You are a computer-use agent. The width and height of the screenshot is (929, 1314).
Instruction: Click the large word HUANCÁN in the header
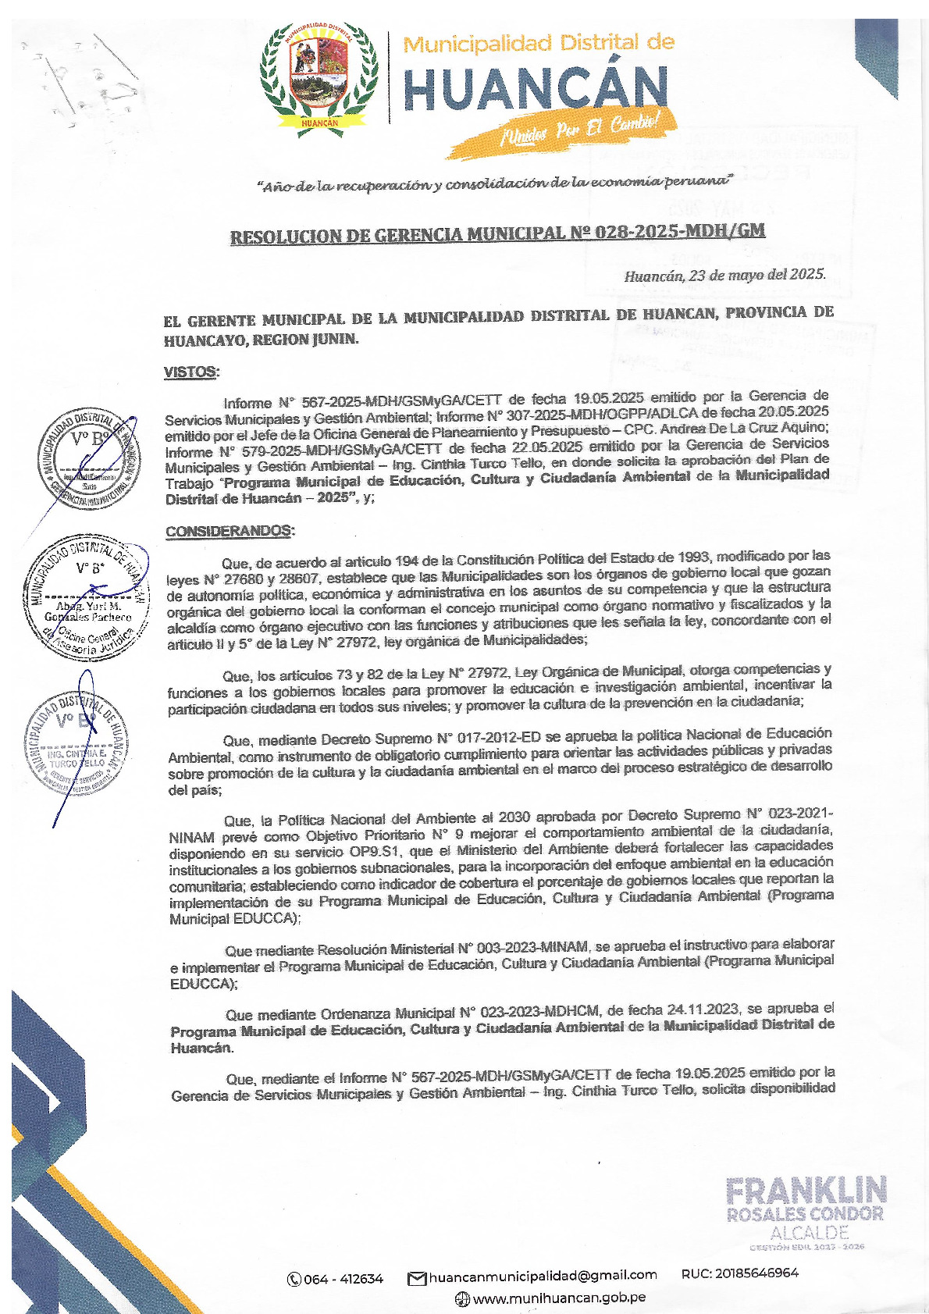tap(536, 89)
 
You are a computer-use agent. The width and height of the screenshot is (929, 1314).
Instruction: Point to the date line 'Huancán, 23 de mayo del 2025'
tap(724, 275)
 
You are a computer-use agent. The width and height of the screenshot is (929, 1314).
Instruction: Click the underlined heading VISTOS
tap(191, 372)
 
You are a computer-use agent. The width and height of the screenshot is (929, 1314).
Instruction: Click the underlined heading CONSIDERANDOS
tap(230, 532)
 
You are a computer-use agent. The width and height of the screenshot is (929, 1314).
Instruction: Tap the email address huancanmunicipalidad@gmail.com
tap(543, 1275)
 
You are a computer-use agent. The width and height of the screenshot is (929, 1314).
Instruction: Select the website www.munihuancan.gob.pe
tap(559, 1298)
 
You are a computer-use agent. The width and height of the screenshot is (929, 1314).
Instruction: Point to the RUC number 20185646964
tap(739, 1273)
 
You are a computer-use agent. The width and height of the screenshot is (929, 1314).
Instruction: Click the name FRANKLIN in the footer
tap(806, 1191)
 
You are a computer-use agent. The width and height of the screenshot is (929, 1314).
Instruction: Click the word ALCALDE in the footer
tap(809, 1233)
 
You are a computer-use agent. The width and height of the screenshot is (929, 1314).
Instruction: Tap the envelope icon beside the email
tap(417, 1278)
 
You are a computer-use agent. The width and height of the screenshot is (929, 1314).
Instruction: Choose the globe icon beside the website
tap(462, 1298)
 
